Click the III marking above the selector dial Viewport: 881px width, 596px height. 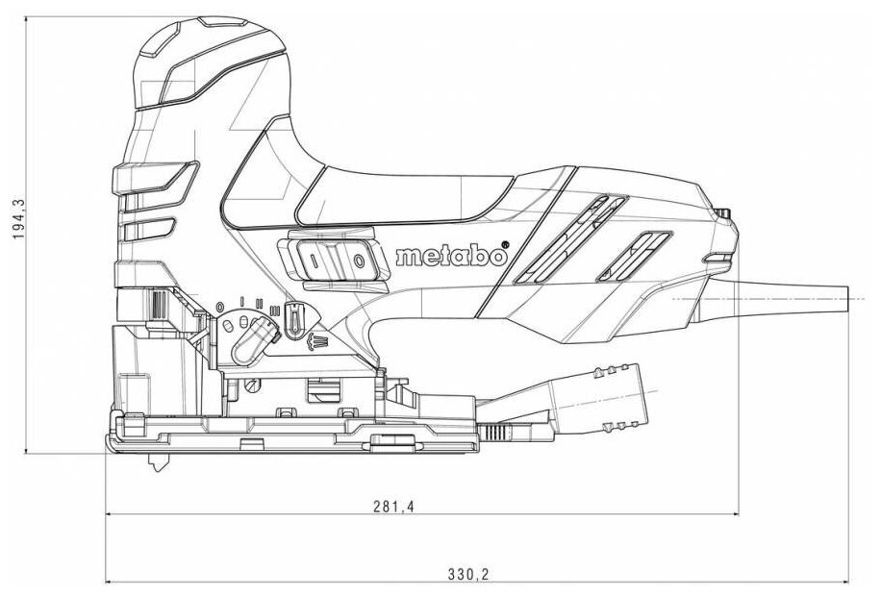click(x=275, y=309)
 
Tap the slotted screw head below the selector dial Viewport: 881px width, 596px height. click(x=252, y=385)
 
